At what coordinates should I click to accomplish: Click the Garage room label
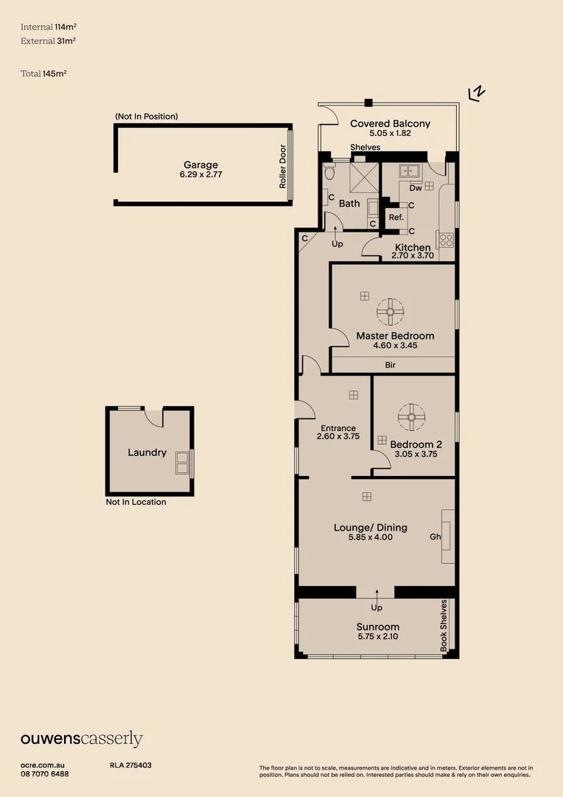point(200,165)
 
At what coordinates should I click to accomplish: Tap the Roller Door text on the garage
point(283,166)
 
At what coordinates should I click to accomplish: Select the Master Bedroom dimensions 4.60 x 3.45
point(395,345)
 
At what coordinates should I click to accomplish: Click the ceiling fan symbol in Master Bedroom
point(390,311)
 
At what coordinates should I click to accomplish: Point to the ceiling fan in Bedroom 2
point(411,417)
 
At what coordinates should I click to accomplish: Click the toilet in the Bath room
point(329,172)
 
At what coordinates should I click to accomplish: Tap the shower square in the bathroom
point(364,177)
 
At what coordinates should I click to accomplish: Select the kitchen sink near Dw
point(408,170)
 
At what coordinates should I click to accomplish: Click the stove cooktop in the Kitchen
point(446,240)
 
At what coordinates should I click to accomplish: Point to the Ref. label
point(396,217)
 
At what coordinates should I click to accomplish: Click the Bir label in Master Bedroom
point(390,365)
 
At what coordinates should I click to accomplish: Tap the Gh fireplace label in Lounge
point(435,536)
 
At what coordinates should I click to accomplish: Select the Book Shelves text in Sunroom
point(444,625)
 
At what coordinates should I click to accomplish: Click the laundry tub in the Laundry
point(182,463)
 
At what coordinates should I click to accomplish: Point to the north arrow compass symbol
point(477,94)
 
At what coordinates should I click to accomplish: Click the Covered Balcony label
point(390,123)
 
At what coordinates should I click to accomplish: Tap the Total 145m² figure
point(43,74)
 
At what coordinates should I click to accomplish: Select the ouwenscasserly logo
point(81,739)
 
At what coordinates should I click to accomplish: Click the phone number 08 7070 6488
point(45,774)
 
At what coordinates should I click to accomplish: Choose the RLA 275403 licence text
point(130,765)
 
